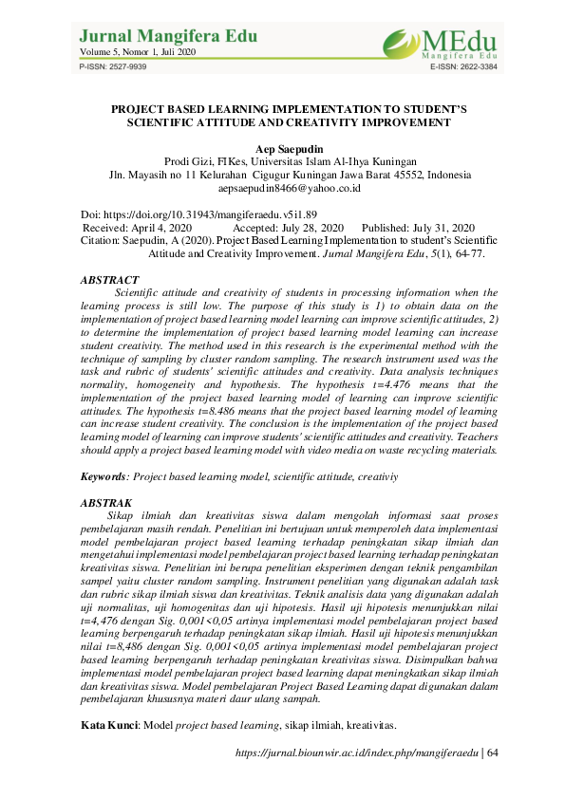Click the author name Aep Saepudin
pyautogui.click(x=283, y=149)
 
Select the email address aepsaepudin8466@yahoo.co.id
pyautogui.click(x=283, y=189)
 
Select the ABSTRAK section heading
pyautogui.click(x=106, y=502)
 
